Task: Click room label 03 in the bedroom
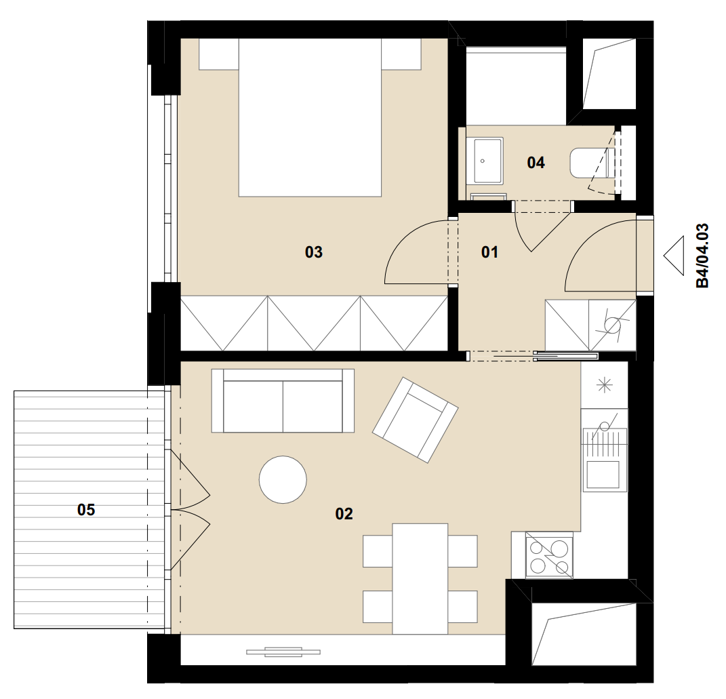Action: coord(313,252)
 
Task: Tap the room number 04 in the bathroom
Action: coord(536,163)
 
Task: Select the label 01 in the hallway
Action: coord(489,252)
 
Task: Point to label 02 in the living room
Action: coord(344,514)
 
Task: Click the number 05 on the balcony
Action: coord(86,510)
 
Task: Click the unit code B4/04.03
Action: coord(702,256)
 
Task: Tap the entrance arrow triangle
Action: coord(674,256)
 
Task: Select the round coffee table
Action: coord(283,480)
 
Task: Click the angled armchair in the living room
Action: coord(416,420)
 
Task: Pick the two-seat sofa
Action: coord(283,401)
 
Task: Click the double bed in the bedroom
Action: coord(310,118)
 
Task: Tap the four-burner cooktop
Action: coord(549,555)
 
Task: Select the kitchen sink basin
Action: coord(603,475)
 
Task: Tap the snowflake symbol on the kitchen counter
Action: coord(605,385)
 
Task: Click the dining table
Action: coord(420,579)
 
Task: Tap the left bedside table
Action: coord(218,54)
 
